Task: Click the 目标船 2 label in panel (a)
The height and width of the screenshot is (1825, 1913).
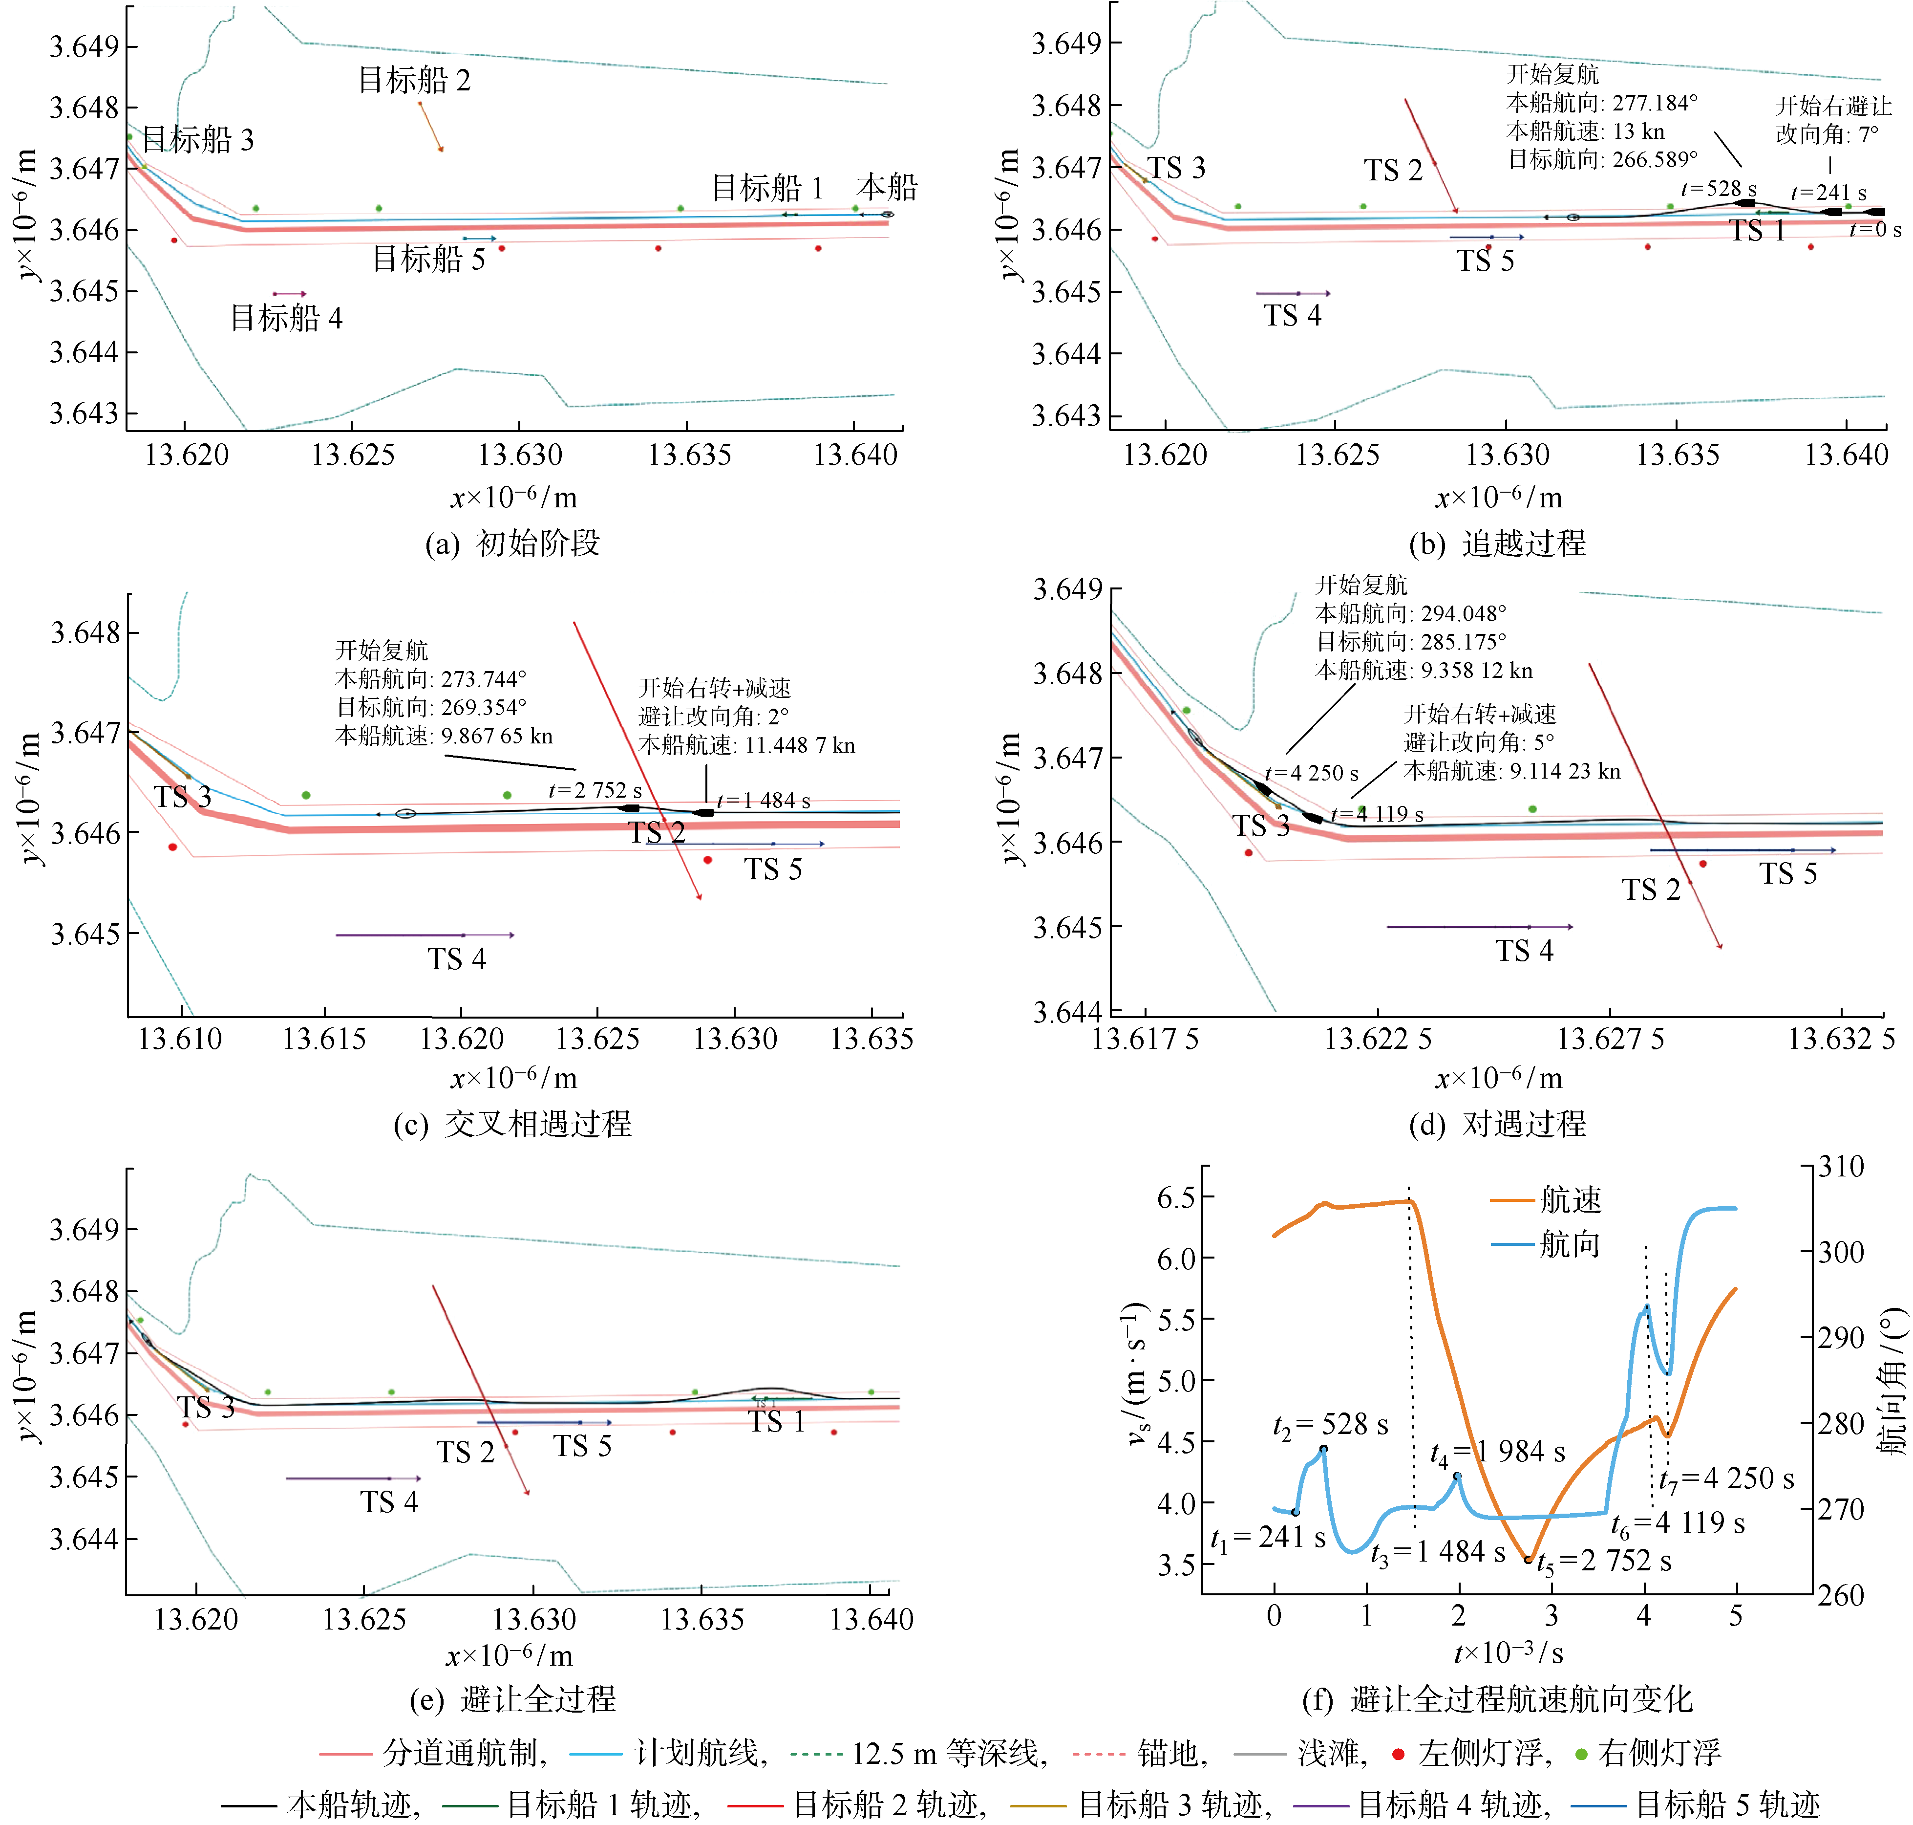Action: point(414,80)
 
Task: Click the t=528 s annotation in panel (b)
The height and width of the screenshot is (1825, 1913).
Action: point(1719,189)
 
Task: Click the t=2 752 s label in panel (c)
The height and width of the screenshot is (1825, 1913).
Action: point(594,790)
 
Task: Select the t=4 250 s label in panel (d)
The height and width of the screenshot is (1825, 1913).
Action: point(1311,773)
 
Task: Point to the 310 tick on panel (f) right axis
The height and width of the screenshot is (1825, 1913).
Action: point(1841,1166)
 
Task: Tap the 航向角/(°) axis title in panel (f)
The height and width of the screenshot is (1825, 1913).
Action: point(1891,1381)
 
